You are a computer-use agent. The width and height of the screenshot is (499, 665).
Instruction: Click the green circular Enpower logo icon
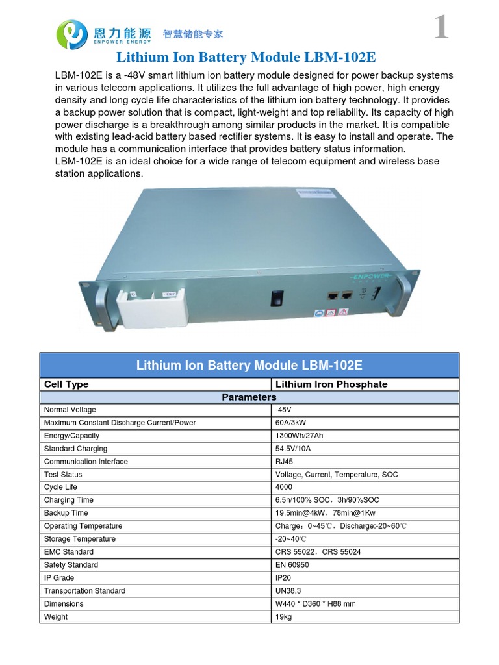(x=72, y=34)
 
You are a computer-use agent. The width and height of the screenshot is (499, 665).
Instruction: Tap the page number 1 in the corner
(x=441, y=27)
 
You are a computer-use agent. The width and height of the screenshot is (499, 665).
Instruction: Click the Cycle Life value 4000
(x=285, y=487)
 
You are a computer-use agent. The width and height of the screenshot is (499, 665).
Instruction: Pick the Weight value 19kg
(x=284, y=616)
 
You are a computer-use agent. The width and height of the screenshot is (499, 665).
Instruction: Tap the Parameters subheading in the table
(x=249, y=397)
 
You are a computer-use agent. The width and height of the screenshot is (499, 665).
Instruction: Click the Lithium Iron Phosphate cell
(x=331, y=384)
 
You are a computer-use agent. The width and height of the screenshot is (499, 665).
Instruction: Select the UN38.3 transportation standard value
(x=289, y=591)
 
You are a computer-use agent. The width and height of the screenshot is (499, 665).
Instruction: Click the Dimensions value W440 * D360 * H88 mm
(x=316, y=604)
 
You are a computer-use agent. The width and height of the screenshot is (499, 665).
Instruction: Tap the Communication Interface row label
(x=86, y=462)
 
